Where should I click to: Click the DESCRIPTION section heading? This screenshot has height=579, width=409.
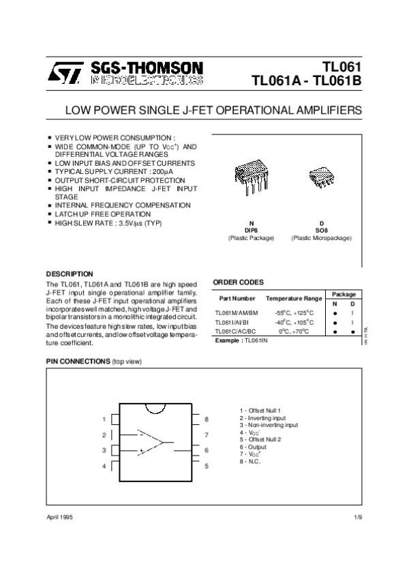click(x=70, y=273)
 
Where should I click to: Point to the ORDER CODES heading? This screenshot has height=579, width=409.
click(x=238, y=282)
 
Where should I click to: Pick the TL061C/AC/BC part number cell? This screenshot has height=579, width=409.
click(x=237, y=331)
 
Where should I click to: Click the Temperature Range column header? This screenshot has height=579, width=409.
click(x=294, y=299)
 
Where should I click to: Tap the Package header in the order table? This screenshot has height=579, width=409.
click(x=344, y=293)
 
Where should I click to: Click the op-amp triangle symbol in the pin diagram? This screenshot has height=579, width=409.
click(x=151, y=442)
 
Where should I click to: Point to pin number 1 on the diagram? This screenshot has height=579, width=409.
click(x=104, y=419)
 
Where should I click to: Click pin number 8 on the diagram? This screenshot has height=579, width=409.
click(x=206, y=419)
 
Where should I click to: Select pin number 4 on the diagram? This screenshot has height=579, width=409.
click(x=104, y=466)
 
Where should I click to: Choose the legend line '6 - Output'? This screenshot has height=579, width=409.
click(x=253, y=447)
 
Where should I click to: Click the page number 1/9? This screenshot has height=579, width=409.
click(x=359, y=518)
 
